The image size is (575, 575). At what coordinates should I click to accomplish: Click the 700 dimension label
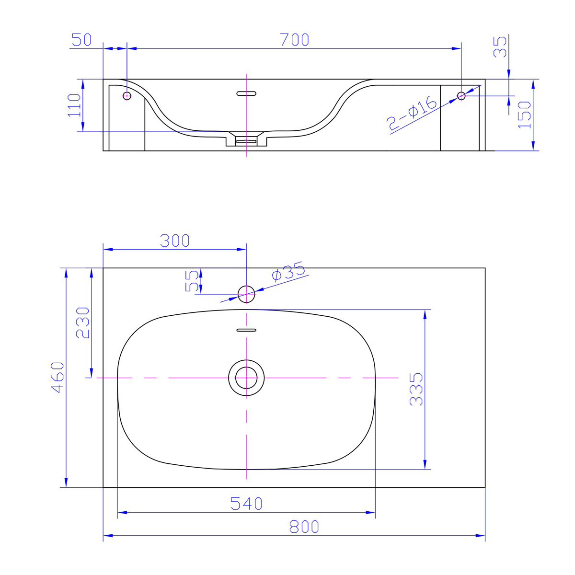tap(294, 39)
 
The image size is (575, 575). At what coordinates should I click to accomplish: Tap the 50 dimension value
tap(81, 39)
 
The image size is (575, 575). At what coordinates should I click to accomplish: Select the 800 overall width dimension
tap(304, 527)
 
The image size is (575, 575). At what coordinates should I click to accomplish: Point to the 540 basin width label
tap(246, 504)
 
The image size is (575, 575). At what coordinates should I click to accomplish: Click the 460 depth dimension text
tap(57, 378)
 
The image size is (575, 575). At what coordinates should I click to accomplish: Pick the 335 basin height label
tap(416, 390)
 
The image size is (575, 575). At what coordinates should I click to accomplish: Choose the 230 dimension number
tap(82, 322)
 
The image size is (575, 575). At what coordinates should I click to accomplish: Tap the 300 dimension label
tap(175, 241)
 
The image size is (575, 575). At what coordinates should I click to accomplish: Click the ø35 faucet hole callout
tap(288, 271)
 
